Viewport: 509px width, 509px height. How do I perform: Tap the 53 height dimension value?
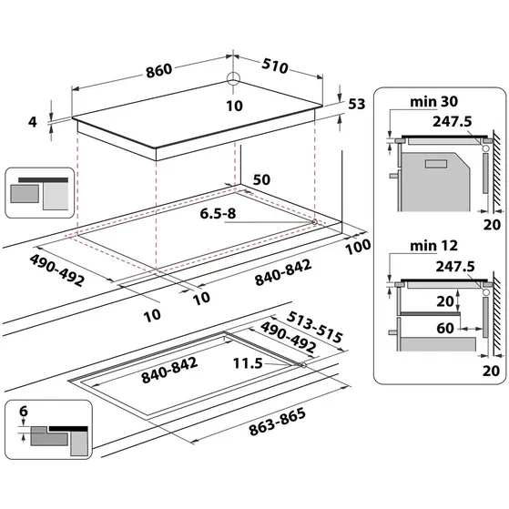[358, 105]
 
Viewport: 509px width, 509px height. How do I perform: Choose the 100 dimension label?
[359, 247]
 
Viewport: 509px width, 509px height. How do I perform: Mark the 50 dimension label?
[261, 180]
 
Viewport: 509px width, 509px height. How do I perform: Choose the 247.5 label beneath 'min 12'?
[454, 266]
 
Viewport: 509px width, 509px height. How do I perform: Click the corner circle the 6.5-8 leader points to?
[313, 221]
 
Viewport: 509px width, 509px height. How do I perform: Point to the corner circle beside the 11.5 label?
[302, 364]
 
